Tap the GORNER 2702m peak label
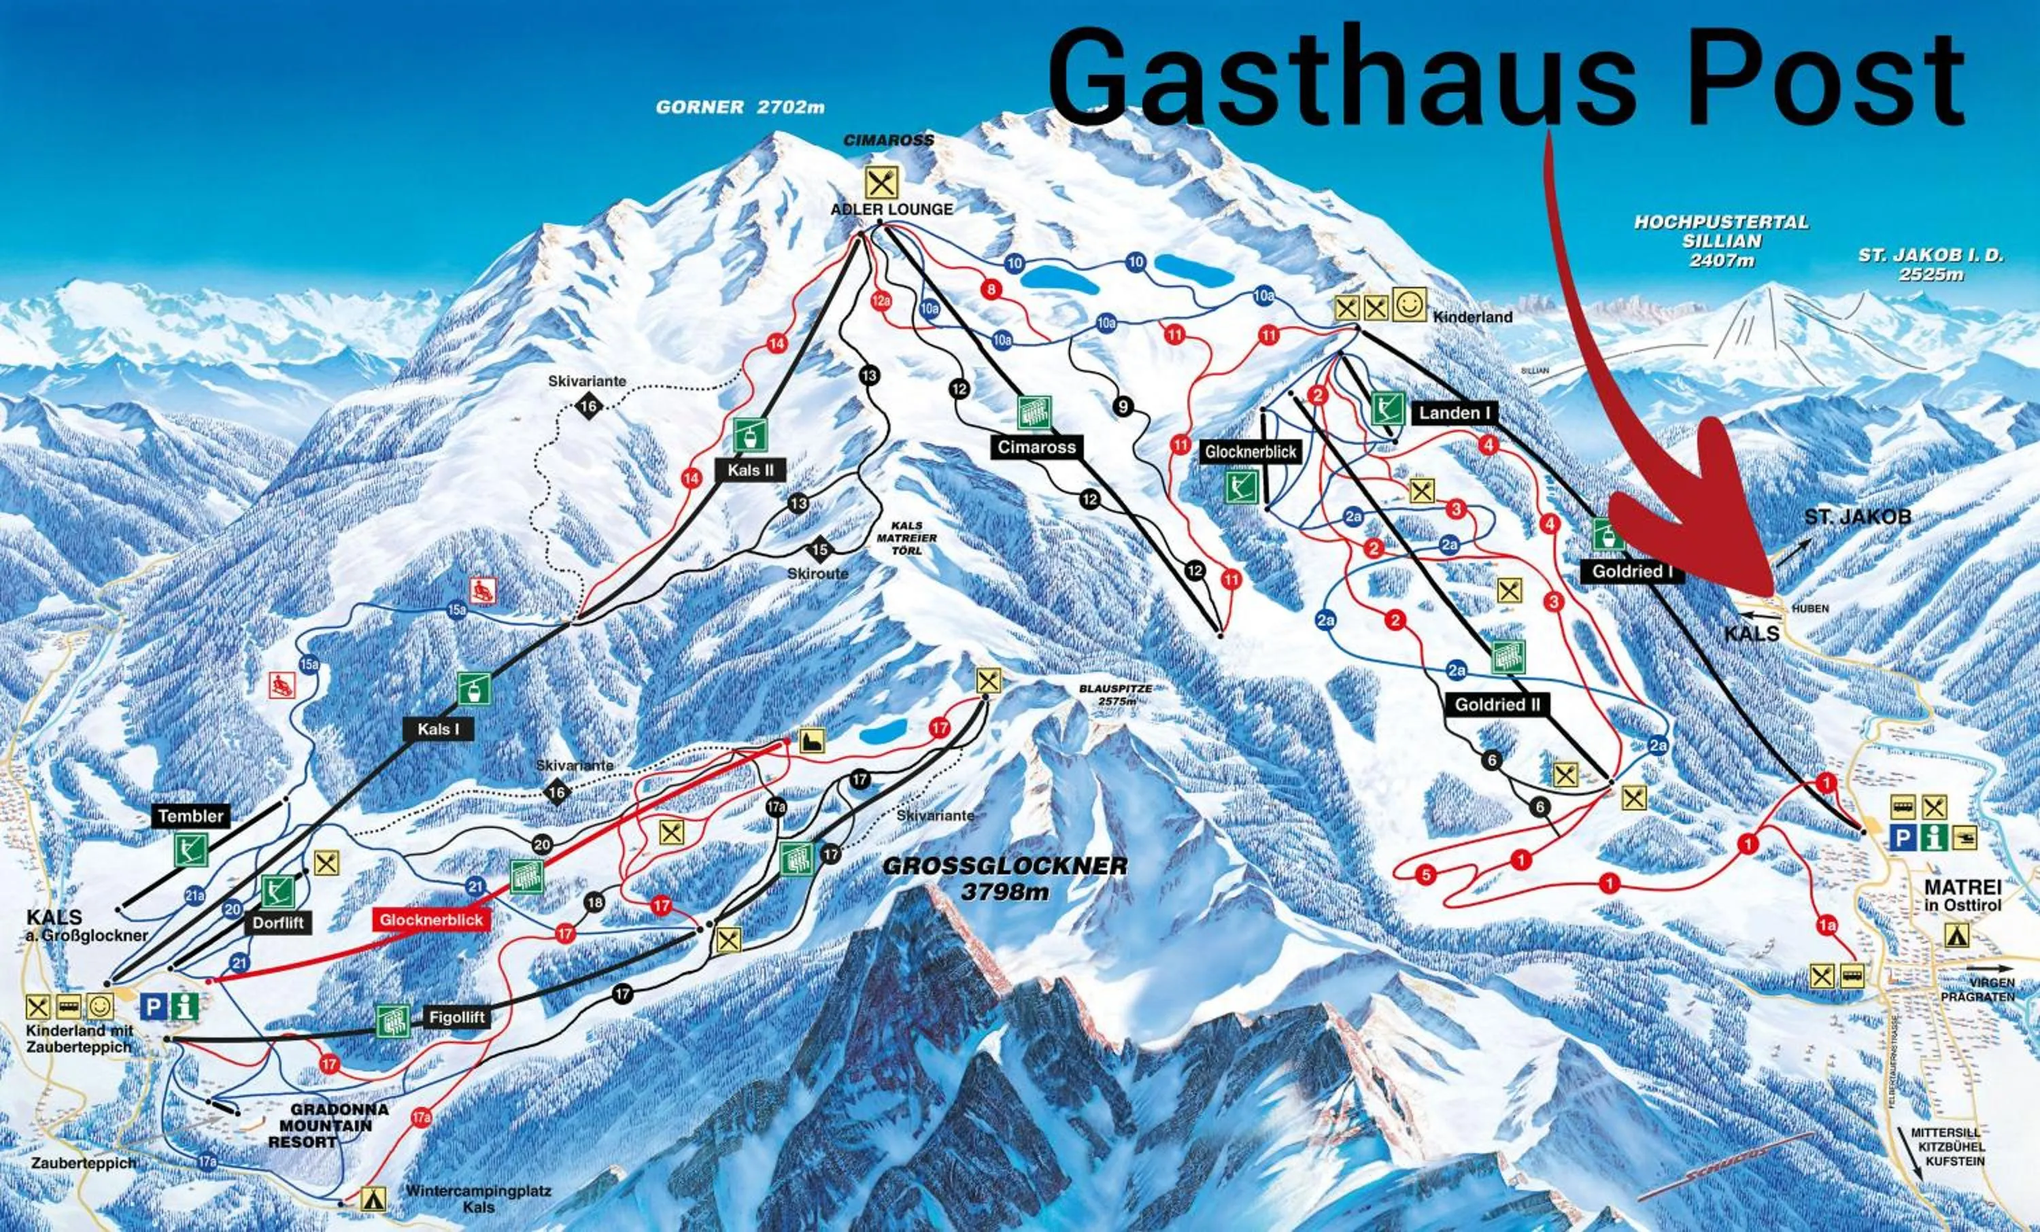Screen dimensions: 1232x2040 (739, 107)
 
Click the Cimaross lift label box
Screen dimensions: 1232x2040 (1036, 447)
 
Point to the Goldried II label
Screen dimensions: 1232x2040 (1498, 704)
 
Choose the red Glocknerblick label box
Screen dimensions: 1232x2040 (431, 920)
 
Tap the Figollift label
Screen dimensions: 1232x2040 (456, 1016)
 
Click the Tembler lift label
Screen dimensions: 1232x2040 (190, 815)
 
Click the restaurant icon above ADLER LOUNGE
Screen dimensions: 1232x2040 (881, 182)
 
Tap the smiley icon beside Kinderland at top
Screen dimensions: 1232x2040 (1408, 305)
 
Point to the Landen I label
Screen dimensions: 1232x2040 (1454, 412)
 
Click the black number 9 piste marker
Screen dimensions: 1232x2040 (1123, 407)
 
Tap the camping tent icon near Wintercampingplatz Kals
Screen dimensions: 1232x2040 (373, 1198)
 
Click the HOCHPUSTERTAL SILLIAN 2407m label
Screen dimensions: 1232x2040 (1721, 241)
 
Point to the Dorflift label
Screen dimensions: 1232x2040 (278, 923)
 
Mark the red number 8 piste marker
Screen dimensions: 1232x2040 (990, 290)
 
